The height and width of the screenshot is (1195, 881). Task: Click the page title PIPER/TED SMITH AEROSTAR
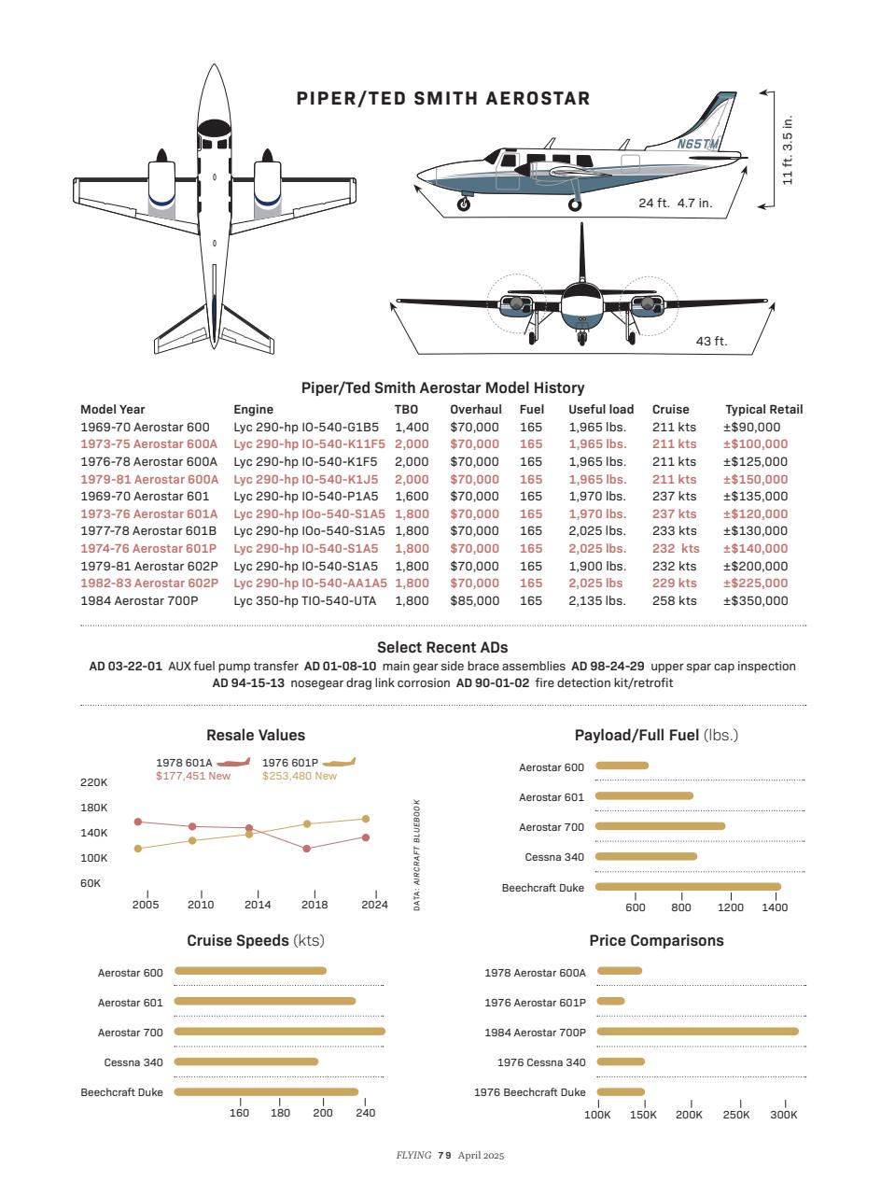click(x=442, y=99)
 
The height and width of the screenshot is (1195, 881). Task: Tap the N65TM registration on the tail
click(x=698, y=144)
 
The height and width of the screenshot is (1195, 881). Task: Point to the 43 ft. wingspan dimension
click(x=711, y=342)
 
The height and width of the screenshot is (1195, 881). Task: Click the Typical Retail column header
click(x=763, y=409)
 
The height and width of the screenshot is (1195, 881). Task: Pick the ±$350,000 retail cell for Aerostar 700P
click(x=755, y=600)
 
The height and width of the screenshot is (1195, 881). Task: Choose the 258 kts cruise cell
click(x=674, y=600)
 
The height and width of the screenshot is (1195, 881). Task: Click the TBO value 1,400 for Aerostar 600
click(x=412, y=427)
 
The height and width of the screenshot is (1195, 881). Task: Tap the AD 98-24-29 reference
click(x=608, y=666)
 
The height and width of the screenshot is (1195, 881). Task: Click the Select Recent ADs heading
click(x=442, y=647)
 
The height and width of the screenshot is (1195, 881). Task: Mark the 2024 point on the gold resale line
click(x=366, y=819)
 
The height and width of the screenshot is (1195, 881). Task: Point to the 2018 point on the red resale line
click(x=307, y=849)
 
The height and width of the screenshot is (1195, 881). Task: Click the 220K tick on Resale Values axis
click(x=95, y=782)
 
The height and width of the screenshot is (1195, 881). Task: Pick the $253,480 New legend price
click(x=299, y=776)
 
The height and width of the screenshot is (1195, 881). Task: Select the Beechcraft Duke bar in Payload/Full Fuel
click(x=688, y=887)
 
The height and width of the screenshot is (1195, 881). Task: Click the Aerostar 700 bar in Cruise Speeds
click(x=279, y=1032)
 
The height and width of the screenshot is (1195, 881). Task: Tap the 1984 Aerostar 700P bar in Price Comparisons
click(x=697, y=1032)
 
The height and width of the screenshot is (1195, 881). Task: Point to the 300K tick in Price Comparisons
click(x=784, y=1115)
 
